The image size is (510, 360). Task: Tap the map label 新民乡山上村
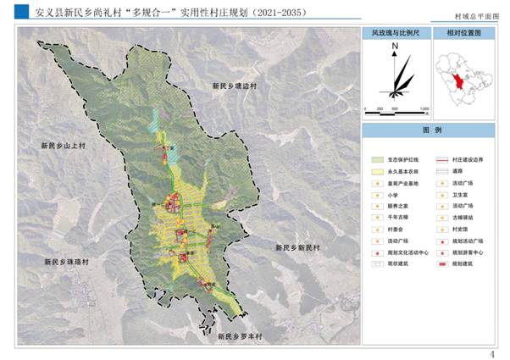tap(64, 147)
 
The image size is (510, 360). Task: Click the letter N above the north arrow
tap(396, 50)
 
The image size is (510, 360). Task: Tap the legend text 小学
tap(391, 194)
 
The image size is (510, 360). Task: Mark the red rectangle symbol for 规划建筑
tap(441, 264)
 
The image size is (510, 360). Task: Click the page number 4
tap(492, 353)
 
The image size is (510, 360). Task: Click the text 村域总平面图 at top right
tap(477, 16)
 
